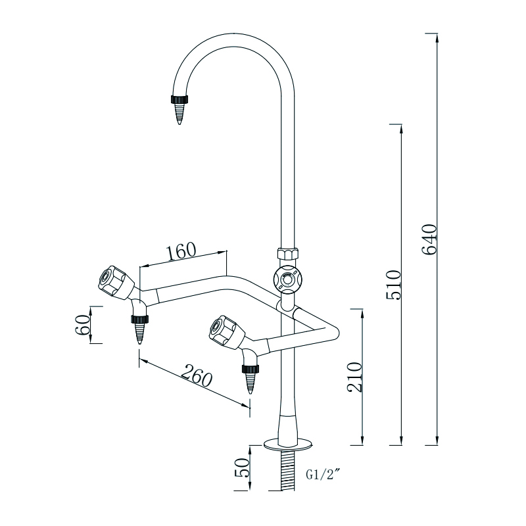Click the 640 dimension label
tap(429, 241)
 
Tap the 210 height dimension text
tap(356, 377)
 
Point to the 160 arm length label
tap(181, 251)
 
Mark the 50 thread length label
tap(241, 468)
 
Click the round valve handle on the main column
tap(287, 280)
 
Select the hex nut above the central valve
tap(287, 253)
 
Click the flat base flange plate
tap(287, 445)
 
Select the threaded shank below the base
tap(287, 470)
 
